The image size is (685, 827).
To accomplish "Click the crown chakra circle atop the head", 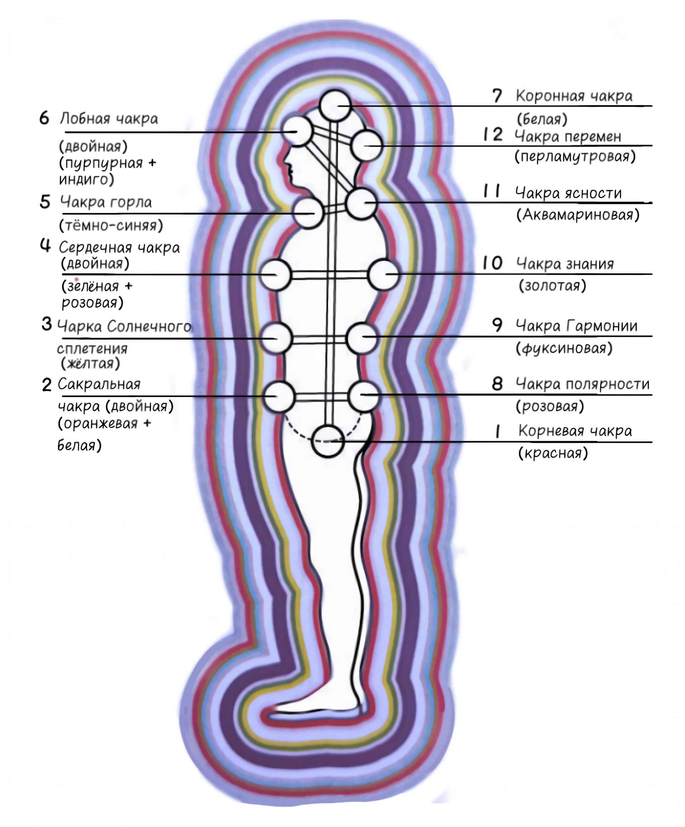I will click(335, 106).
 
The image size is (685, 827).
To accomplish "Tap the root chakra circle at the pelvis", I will click(328, 441).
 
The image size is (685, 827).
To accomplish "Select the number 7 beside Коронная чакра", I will click(497, 96).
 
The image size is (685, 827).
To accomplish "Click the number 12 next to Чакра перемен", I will click(493, 135).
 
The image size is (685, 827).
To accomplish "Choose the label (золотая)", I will click(552, 286).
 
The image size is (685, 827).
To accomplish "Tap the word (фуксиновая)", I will click(564, 348).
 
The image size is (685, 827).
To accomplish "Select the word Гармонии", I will click(602, 326).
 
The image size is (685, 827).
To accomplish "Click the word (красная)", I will click(553, 453).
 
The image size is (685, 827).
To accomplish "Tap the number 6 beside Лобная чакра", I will click(44, 118).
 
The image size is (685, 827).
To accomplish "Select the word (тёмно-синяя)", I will click(111, 226).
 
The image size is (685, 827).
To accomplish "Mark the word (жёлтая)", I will click(90, 363).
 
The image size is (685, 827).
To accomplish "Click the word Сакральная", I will click(99, 384).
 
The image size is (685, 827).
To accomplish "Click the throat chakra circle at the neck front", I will click(308, 213).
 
